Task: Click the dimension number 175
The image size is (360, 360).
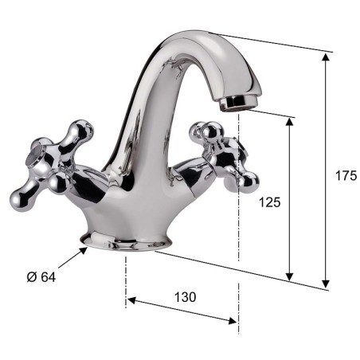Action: (x=346, y=175)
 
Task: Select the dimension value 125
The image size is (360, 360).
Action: (x=269, y=202)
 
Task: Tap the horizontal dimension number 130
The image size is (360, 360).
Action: (x=186, y=297)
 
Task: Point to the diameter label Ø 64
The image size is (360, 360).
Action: (x=41, y=277)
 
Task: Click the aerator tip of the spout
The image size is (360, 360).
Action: (x=238, y=103)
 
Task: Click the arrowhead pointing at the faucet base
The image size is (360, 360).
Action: (x=84, y=251)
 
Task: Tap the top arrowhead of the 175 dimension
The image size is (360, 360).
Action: (x=326, y=57)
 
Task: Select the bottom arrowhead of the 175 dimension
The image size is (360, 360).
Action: (x=326, y=284)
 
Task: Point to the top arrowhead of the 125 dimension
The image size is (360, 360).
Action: (x=290, y=122)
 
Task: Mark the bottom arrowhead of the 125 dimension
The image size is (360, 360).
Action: (x=290, y=276)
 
